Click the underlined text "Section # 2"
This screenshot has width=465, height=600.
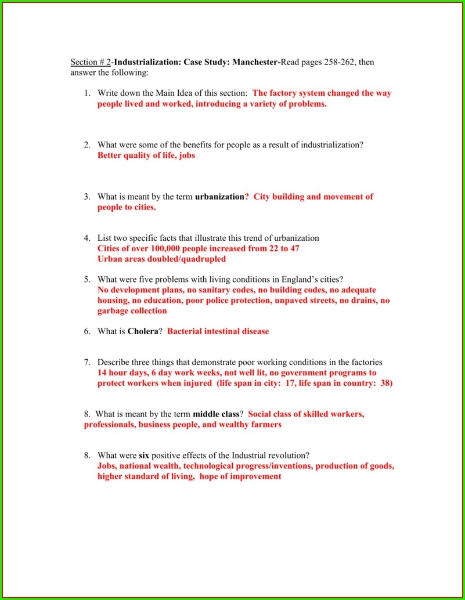pos(91,62)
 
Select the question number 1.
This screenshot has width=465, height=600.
pos(86,93)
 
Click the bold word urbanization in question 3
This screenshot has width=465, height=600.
pos(219,197)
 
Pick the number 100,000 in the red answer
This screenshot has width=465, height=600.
pos(163,249)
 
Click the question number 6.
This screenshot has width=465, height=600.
pos(86,331)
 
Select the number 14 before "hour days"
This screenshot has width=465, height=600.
pos(103,373)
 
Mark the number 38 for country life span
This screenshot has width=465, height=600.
pos(385,384)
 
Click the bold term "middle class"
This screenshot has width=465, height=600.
pos(216,414)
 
